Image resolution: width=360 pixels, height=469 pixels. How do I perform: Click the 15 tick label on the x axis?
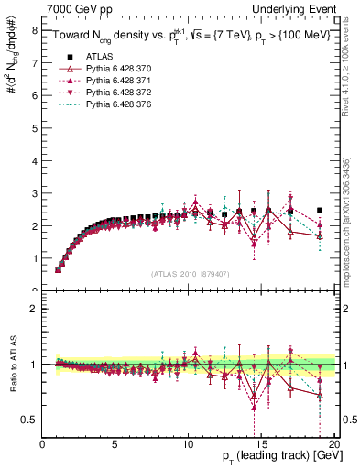pos(260,444)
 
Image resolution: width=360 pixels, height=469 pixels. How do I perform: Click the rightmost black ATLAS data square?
pos(319,210)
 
